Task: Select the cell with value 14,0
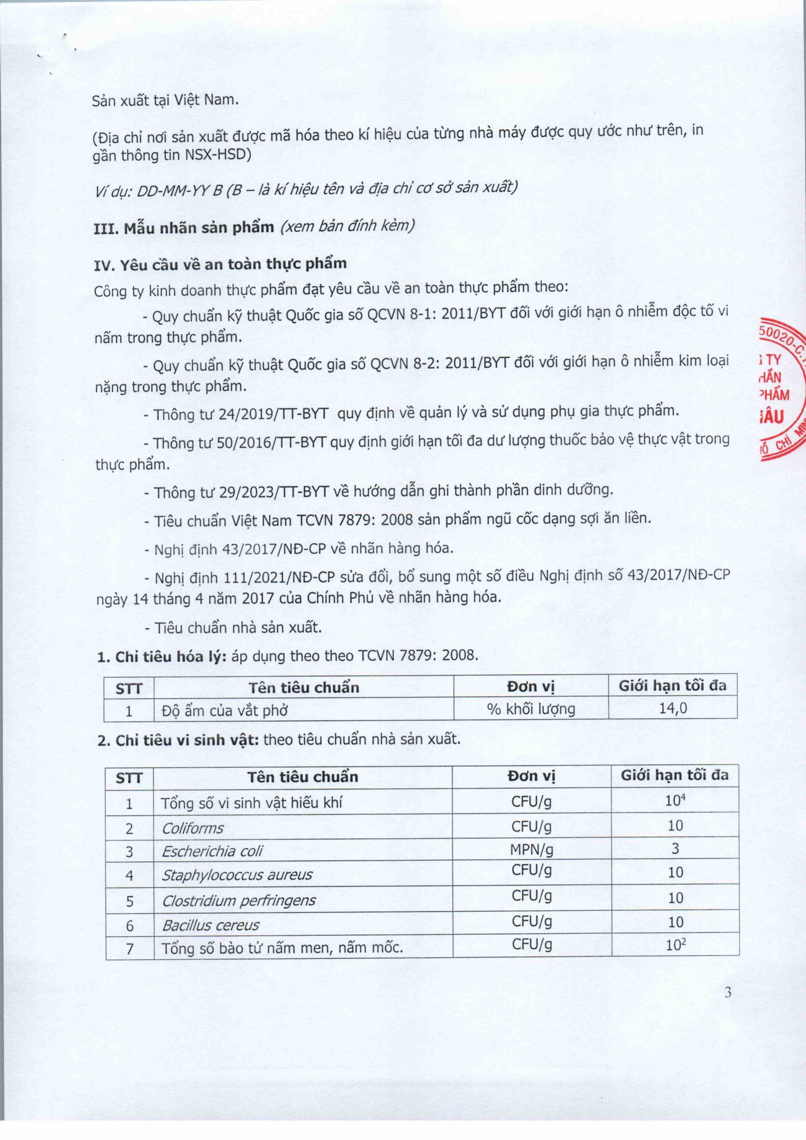click(x=673, y=708)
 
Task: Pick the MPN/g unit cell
click(x=531, y=850)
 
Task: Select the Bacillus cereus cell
click(x=211, y=925)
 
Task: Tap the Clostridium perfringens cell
click(x=239, y=900)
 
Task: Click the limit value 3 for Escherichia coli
click(x=675, y=849)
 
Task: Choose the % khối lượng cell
click(x=531, y=708)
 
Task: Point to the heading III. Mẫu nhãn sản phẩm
click(x=184, y=228)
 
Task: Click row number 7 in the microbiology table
click(x=130, y=949)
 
